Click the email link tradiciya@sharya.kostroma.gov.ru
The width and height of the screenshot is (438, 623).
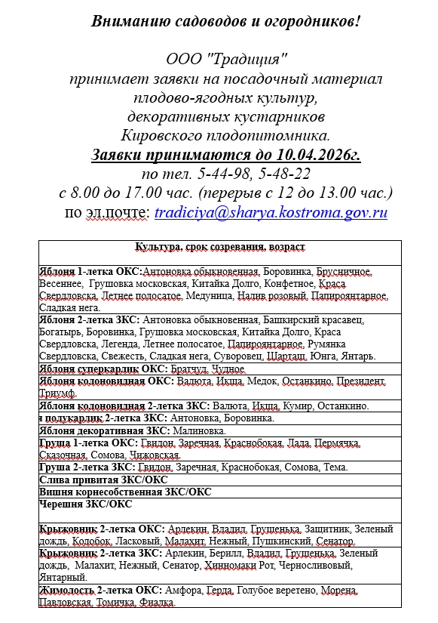click(271, 212)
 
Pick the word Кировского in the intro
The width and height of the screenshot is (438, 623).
click(158, 136)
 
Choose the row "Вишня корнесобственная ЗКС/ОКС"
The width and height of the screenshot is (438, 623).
click(124, 492)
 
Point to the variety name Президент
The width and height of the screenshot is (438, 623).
click(360, 381)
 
